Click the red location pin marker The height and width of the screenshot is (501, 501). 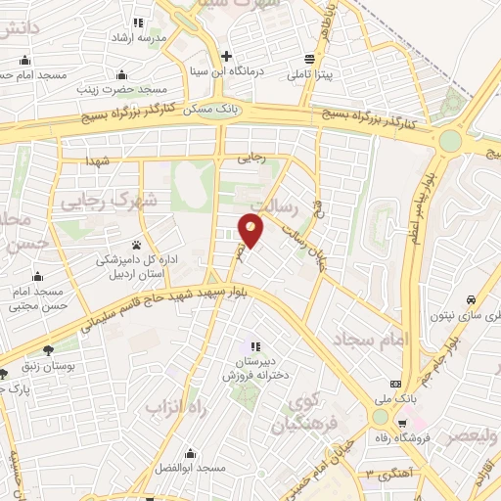[x=251, y=232]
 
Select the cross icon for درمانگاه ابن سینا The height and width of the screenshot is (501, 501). [x=227, y=55]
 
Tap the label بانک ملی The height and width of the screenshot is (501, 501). [x=396, y=399]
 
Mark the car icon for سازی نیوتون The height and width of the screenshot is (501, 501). [x=472, y=298]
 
